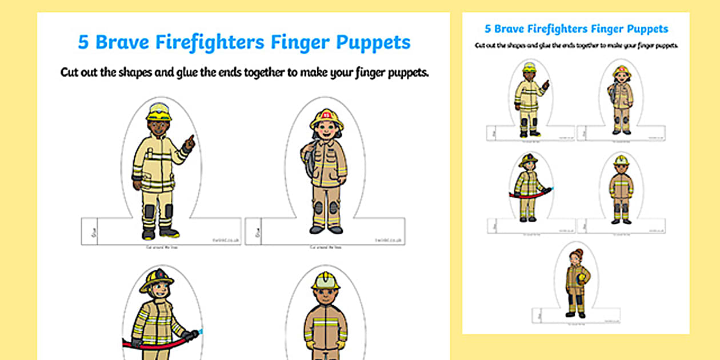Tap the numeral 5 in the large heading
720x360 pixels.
82,43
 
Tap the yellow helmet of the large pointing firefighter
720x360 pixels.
158,111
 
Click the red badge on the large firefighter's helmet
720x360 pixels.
326,116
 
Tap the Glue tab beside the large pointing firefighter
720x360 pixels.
89,231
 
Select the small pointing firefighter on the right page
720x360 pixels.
529,99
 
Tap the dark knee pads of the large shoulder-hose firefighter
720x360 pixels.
326,207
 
